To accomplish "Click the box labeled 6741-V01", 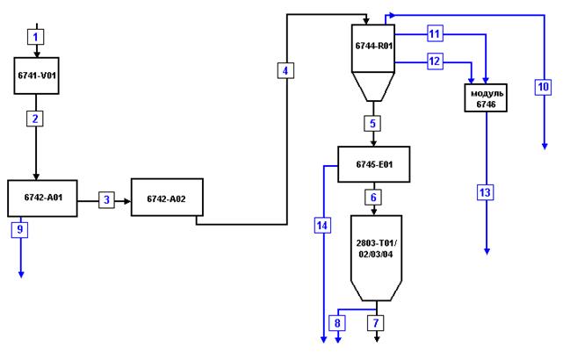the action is click(36, 76).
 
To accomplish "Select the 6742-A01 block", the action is click(42, 198).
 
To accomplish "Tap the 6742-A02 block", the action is click(167, 198).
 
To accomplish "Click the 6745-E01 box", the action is click(374, 164).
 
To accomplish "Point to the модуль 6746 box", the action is click(486, 98).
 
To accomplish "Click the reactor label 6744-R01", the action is click(374, 47).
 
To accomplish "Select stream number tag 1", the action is click(36, 37).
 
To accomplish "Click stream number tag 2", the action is click(35, 119).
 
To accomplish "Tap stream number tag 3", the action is click(106, 200).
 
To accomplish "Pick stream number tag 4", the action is click(285, 70).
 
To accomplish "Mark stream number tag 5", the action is click(372, 124).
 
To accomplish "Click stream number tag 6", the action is click(373, 198).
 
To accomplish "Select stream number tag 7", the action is click(376, 323).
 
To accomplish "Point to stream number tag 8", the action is click(337, 323).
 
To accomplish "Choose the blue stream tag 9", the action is click(19, 229).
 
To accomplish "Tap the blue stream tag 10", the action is click(543, 87).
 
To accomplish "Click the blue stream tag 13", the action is click(486, 192).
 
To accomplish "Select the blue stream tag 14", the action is click(322, 226).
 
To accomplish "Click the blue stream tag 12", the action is click(435, 61).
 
